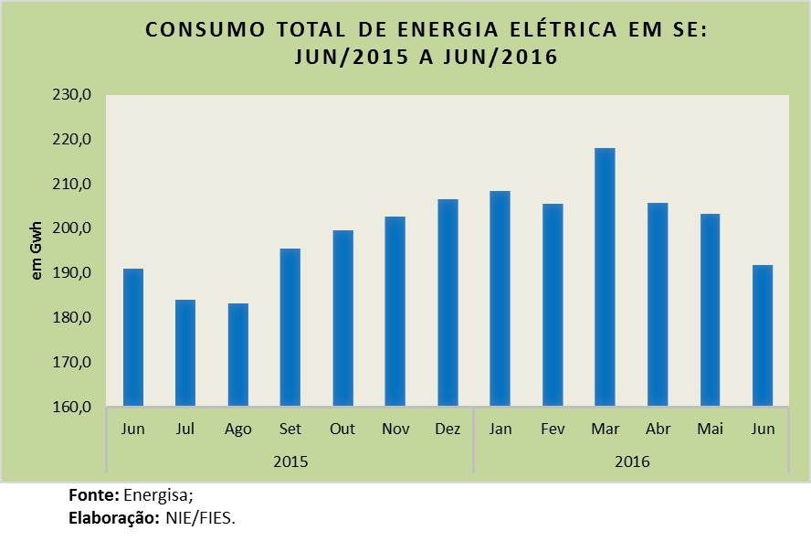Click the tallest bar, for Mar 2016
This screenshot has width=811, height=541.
tap(605, 277)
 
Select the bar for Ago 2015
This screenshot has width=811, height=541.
tap(237, 355)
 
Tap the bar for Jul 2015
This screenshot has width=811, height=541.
tap(185, 353)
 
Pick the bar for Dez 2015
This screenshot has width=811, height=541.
tap(448, 302)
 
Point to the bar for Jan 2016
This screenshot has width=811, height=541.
tap(500, 299)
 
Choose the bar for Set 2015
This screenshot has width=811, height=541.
tap(290, 327)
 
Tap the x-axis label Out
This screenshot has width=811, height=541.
tap(342, 430)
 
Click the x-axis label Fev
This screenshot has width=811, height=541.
tap(553, 430)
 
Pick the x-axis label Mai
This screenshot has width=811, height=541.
tap(710, 430)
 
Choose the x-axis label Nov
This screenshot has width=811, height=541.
tap(395, 430)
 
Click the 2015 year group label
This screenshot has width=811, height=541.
tap(290, 461)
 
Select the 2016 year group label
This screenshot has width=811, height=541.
tap(632, 461)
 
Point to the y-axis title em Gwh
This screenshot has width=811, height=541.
tap(37, 251)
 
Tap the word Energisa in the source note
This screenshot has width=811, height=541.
tap(158, 495)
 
